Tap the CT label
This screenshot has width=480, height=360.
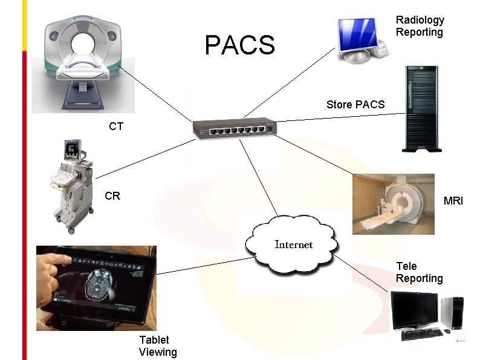(x=116, y=126)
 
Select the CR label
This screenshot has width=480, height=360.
(x=112, y=196)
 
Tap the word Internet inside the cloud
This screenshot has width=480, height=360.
(x=294, y=244)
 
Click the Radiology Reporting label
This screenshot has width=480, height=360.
(x=420, y=26)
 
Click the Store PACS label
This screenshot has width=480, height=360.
(x=355, y=105)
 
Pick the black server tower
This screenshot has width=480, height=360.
(x=422, y=109)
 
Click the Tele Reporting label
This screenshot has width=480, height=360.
(x=419, y=272)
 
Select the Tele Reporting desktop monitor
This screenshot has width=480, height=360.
(x=414, y=310)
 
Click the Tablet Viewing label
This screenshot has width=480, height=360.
(x=158, y=346)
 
